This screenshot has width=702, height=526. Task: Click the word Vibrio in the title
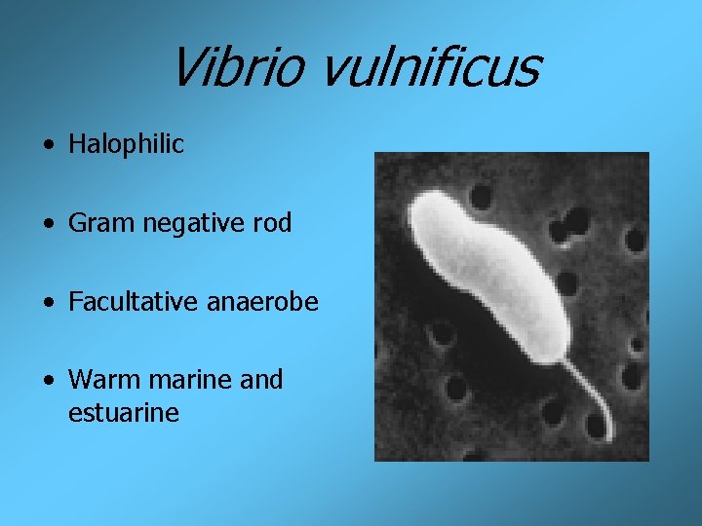click(x=235, y=67)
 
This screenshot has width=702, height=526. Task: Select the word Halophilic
click(x=126, y=144)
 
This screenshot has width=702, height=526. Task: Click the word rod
click(x=271, y=223)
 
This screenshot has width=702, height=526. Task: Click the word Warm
click(x=100, y=379)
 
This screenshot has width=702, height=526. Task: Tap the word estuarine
click(x=124, y=413)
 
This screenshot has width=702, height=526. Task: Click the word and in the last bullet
click(x=261, y=379)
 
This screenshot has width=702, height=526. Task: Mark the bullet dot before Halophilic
click(x=49, y=145)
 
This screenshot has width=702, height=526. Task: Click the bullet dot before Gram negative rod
click(x=49, y=224)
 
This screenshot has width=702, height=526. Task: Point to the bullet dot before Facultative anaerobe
click(x=49, y=303)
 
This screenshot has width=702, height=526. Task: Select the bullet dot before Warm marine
click(x=49, y=380)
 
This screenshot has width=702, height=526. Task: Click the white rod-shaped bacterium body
click(x=487, y=273)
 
